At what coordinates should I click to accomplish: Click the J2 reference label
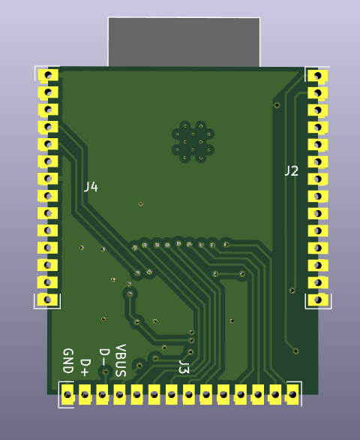291,171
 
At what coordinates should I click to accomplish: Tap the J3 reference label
184,367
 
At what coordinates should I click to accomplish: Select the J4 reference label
91,186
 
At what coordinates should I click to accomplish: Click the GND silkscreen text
67,361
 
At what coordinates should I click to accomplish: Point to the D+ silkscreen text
85,366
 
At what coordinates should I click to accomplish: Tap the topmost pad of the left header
48,75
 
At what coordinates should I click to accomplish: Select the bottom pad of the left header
48,300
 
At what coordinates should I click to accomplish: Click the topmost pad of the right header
318,76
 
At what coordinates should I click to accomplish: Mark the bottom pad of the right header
318,300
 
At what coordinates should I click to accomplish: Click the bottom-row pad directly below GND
67,393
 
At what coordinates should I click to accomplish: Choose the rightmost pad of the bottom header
292,393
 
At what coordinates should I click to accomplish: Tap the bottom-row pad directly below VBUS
119,393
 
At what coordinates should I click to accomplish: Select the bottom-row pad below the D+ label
85,393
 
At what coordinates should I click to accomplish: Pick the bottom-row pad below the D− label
102,393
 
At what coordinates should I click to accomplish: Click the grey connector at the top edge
184,42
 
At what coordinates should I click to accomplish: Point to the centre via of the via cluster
193,142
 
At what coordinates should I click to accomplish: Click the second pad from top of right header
318,93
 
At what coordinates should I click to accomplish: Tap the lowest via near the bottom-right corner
296,351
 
